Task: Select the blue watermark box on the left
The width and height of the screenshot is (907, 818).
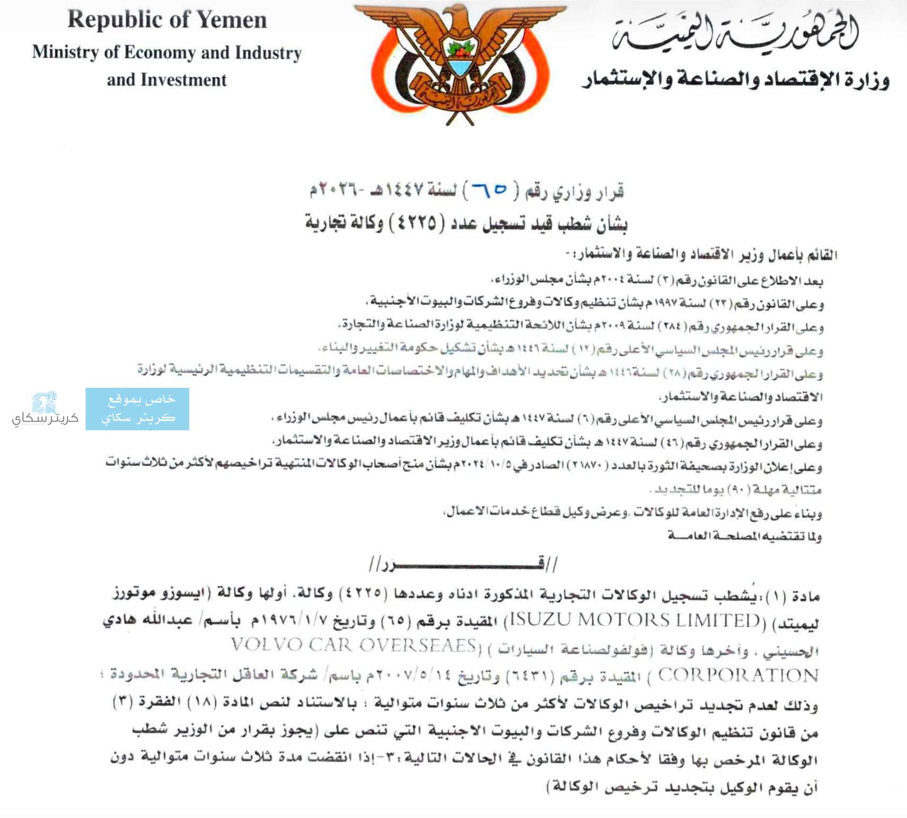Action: (x=137, y=408)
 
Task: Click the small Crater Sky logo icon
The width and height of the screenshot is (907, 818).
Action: (x=45, y=403)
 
